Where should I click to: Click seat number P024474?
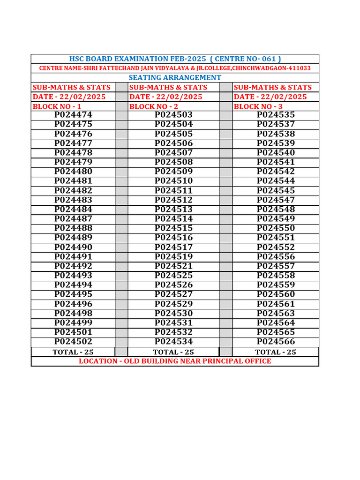coord(73,115)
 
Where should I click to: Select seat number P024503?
coord(174,115)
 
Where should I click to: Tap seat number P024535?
coord(276,115)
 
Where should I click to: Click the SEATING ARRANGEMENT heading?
coord(175,77)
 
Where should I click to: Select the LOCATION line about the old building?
coord(175,361)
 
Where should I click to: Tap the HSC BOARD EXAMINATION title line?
coord(175,59)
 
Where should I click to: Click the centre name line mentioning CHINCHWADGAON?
coord(175,68)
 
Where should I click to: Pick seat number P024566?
coord(276,341)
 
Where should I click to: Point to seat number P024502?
coord(73,341)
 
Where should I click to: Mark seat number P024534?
coord(174,341)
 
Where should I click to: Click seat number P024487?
coord(73,218)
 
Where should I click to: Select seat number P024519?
coord(174,256)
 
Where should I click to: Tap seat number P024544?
coord(276,181)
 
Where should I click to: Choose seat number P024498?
coord(73,313)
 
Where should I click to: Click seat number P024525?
coord(174,275)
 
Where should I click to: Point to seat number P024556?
coord(276,256)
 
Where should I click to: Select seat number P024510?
coord(174,181)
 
